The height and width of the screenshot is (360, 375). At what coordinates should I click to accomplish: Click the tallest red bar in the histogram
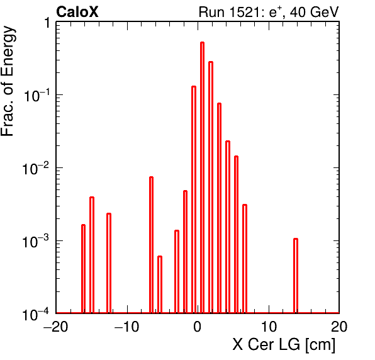tap(202, 177)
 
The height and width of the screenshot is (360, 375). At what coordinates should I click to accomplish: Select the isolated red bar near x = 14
tap(296, 276)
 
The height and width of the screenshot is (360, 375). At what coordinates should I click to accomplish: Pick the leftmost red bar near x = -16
tap(83, 269)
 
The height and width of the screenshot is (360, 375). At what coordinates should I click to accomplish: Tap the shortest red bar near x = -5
tap(160, 284)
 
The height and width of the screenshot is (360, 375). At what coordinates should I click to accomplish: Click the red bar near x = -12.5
tap(109, 263)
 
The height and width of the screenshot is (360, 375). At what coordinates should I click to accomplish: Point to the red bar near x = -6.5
tap(151, 245)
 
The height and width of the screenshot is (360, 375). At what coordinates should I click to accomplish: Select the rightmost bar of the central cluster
tap(245, 259)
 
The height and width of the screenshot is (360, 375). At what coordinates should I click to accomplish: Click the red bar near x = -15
tap(92, 255)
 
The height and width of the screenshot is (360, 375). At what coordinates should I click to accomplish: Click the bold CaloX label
tap(77, 12)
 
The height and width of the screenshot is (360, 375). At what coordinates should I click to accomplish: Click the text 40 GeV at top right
tap(314, 12)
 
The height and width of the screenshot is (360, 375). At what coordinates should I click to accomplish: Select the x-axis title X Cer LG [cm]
tap(284, 344)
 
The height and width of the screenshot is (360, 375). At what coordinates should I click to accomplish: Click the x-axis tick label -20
tap(56, 327)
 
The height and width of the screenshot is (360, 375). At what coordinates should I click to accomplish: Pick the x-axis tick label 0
tap(198, 327)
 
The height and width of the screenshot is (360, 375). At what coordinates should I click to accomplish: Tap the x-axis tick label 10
tap(269, 327)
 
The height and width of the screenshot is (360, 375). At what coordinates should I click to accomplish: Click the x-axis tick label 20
tap(339, 327)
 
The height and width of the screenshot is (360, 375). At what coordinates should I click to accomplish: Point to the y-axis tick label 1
tap(47, 23)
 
